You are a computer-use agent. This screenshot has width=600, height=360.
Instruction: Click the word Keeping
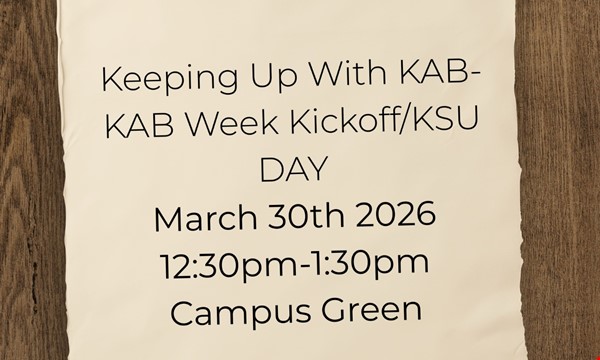pyautogui.click(x=157, y=79)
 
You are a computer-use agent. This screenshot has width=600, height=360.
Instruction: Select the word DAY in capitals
pyautogui.click(x=293, y=170)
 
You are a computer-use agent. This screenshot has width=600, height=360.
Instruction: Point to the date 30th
pyautogui.click(x=289, y=217)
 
